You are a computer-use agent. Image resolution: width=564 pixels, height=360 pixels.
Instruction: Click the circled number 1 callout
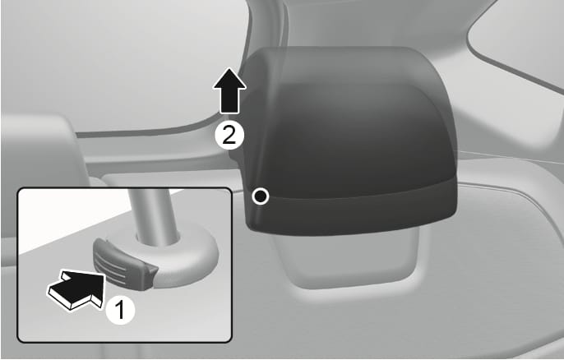120,310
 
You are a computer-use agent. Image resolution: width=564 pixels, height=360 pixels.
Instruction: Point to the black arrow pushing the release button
75,288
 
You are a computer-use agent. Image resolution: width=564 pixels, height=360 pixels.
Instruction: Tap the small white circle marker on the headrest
261,196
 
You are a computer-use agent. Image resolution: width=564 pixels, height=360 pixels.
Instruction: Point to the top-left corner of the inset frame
19,189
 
